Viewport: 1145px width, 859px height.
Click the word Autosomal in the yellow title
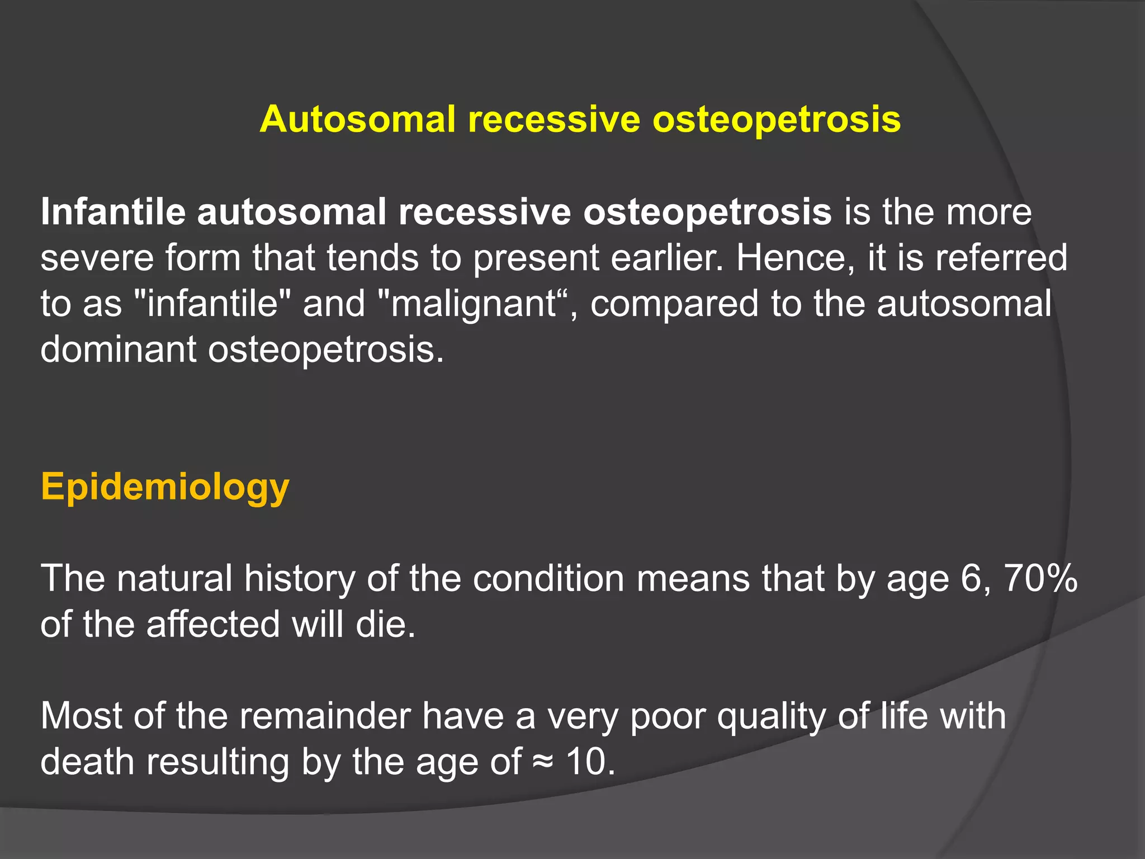click(x=358, y=120)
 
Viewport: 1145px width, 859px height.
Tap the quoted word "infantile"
click(x=212, y=304)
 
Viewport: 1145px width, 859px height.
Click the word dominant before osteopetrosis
click(x=118, y=350)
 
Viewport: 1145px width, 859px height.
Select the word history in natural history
click(x=300, y=578)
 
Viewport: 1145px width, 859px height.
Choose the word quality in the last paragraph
click(x=772, y=716)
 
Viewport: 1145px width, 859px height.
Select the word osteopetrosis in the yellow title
click(x=777, y=120)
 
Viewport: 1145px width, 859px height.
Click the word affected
click(x=212, y=624)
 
